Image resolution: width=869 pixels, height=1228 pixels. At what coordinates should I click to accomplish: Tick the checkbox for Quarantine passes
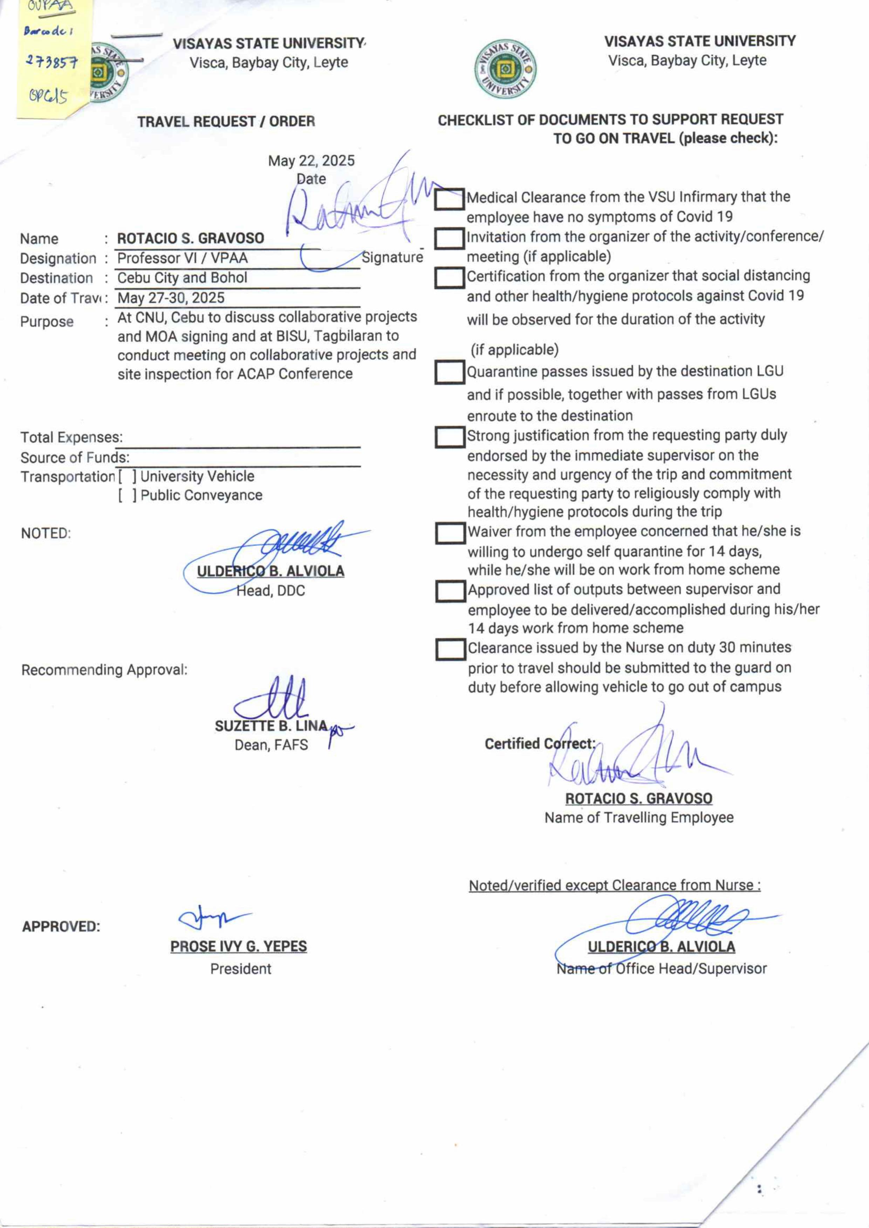pos(449,372)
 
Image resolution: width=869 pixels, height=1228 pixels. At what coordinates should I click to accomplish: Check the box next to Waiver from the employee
pos(450,533)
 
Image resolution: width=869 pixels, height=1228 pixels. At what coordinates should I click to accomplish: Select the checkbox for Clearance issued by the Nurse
pos(450,649)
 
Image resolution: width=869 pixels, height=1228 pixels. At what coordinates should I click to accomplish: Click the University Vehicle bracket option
pos(127,476)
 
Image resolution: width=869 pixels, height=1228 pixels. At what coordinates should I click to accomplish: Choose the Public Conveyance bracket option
pos(127,495)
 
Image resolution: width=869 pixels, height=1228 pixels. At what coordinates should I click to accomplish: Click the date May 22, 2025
pos(311,160)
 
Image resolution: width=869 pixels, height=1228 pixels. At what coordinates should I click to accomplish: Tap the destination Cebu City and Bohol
pos(182,278)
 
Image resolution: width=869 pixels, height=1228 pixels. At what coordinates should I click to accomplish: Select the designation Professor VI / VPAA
pos(182,258)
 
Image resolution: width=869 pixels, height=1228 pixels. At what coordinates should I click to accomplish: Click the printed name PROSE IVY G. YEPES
pos(239,946)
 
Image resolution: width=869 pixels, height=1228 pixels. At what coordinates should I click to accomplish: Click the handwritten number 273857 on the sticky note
pos(52,62)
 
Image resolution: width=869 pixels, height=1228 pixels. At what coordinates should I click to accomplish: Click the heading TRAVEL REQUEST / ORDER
pos(226,122)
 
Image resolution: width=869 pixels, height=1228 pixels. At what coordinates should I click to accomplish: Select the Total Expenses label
pos(71,437)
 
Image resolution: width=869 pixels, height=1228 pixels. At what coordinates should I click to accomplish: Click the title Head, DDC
pos(271,591)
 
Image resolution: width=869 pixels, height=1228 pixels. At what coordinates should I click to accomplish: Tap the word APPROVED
pos(61,927)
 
